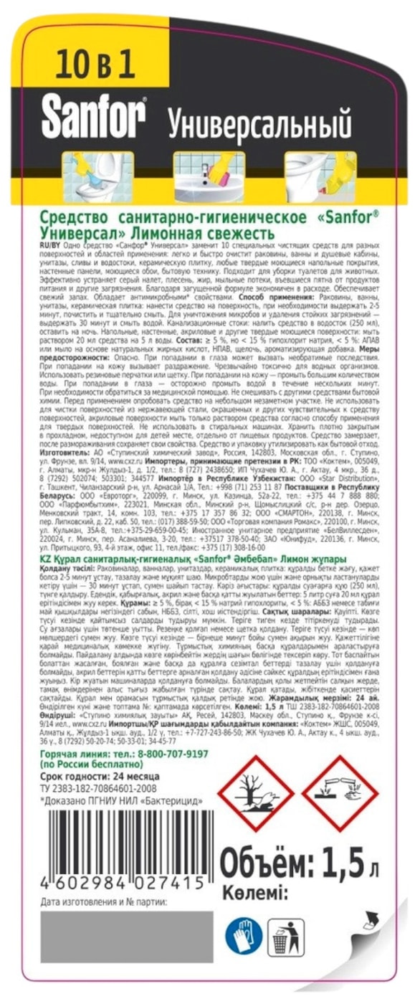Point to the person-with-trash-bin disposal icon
[x=286, y=935]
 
